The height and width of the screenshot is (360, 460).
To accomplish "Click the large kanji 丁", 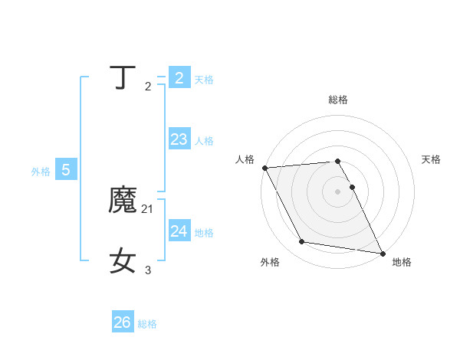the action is (x=123, y=78).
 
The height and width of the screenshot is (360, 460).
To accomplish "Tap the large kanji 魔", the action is (x=123, y=201).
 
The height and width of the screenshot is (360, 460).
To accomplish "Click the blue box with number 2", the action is (x=179, y=77).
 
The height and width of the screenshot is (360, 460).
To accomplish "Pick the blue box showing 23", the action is (x=179, y=139).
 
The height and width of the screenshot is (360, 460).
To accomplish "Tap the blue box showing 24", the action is (x=179, y=231).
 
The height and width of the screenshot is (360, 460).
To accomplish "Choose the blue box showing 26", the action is (x=123, y=322).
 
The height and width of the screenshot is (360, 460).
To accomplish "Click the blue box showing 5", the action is (x=66, y=170).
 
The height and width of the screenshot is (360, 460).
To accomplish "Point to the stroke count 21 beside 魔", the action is (x=148, y=208).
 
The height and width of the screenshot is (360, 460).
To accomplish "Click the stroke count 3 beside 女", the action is (x=148, y=270).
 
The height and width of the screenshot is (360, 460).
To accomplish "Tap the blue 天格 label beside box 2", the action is (x=204, y=80).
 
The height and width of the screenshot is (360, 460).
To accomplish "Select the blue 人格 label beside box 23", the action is (x=204, y=141).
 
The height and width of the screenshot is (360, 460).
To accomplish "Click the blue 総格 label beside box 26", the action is (x=147, y=325).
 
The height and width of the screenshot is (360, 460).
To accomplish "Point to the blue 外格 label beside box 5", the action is (x=41, y=172).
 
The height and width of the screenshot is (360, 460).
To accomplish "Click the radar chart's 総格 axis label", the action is (x=338, y=100).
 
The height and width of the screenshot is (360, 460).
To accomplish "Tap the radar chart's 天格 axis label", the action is (x=432, y=159).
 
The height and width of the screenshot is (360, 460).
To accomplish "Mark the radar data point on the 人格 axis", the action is (x=264, y=168).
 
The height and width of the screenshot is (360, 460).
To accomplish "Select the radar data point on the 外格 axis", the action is (x=302, y=242).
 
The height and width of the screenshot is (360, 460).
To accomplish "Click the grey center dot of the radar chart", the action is (x=338, y=191).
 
